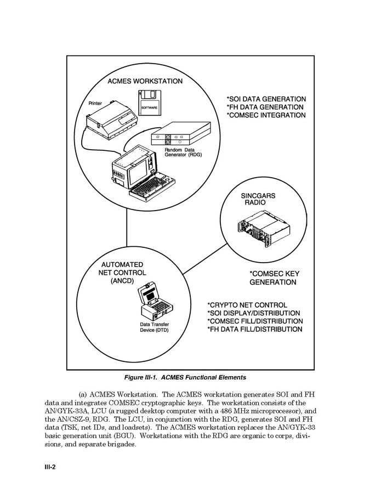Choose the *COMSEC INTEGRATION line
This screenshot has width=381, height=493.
pos(266,115)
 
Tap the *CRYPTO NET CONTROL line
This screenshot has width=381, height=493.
pos(247,305)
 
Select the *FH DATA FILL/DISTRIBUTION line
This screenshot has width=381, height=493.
pos(254,330)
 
